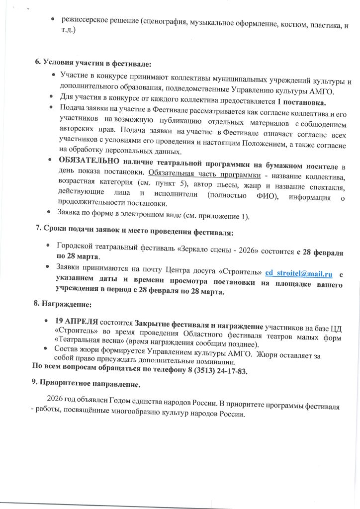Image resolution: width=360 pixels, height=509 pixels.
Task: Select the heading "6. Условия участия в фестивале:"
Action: [x=93, y=63]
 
